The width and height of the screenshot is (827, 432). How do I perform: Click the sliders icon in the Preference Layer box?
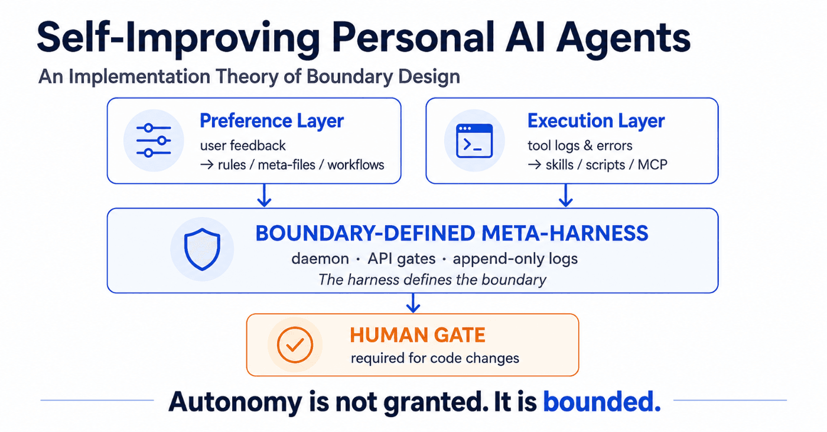(x=154, y=140)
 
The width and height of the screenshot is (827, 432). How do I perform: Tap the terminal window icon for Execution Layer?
(x=474, y=141)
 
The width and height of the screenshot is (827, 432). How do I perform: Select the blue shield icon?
(x=202, y=249)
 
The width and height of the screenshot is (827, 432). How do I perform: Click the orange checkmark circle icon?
(x=295, y=345)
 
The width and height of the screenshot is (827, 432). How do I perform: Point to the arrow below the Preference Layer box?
(x=265, y=196)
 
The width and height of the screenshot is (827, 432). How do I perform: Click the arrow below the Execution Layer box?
(x=566, y=196)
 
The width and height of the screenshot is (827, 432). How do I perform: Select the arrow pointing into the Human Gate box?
(x=413, y=303)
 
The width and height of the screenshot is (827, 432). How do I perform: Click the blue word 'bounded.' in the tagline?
(x=602, y=402)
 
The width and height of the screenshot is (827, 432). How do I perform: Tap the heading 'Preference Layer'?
(x=272, y=121)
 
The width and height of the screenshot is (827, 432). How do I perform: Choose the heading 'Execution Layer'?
(x=596, y=121)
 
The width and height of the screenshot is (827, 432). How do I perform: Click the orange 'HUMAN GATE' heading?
(x=418, y=335)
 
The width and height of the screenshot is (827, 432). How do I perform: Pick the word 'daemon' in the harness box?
(x=320, y=259)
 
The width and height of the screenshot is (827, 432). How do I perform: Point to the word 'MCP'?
(x=652, y=165)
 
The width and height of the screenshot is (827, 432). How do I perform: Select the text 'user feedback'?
(x=243, y=145)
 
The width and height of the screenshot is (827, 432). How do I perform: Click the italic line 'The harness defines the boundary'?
(x=432, y=280)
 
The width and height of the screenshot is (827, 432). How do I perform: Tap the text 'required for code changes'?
(x=435, y=358)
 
